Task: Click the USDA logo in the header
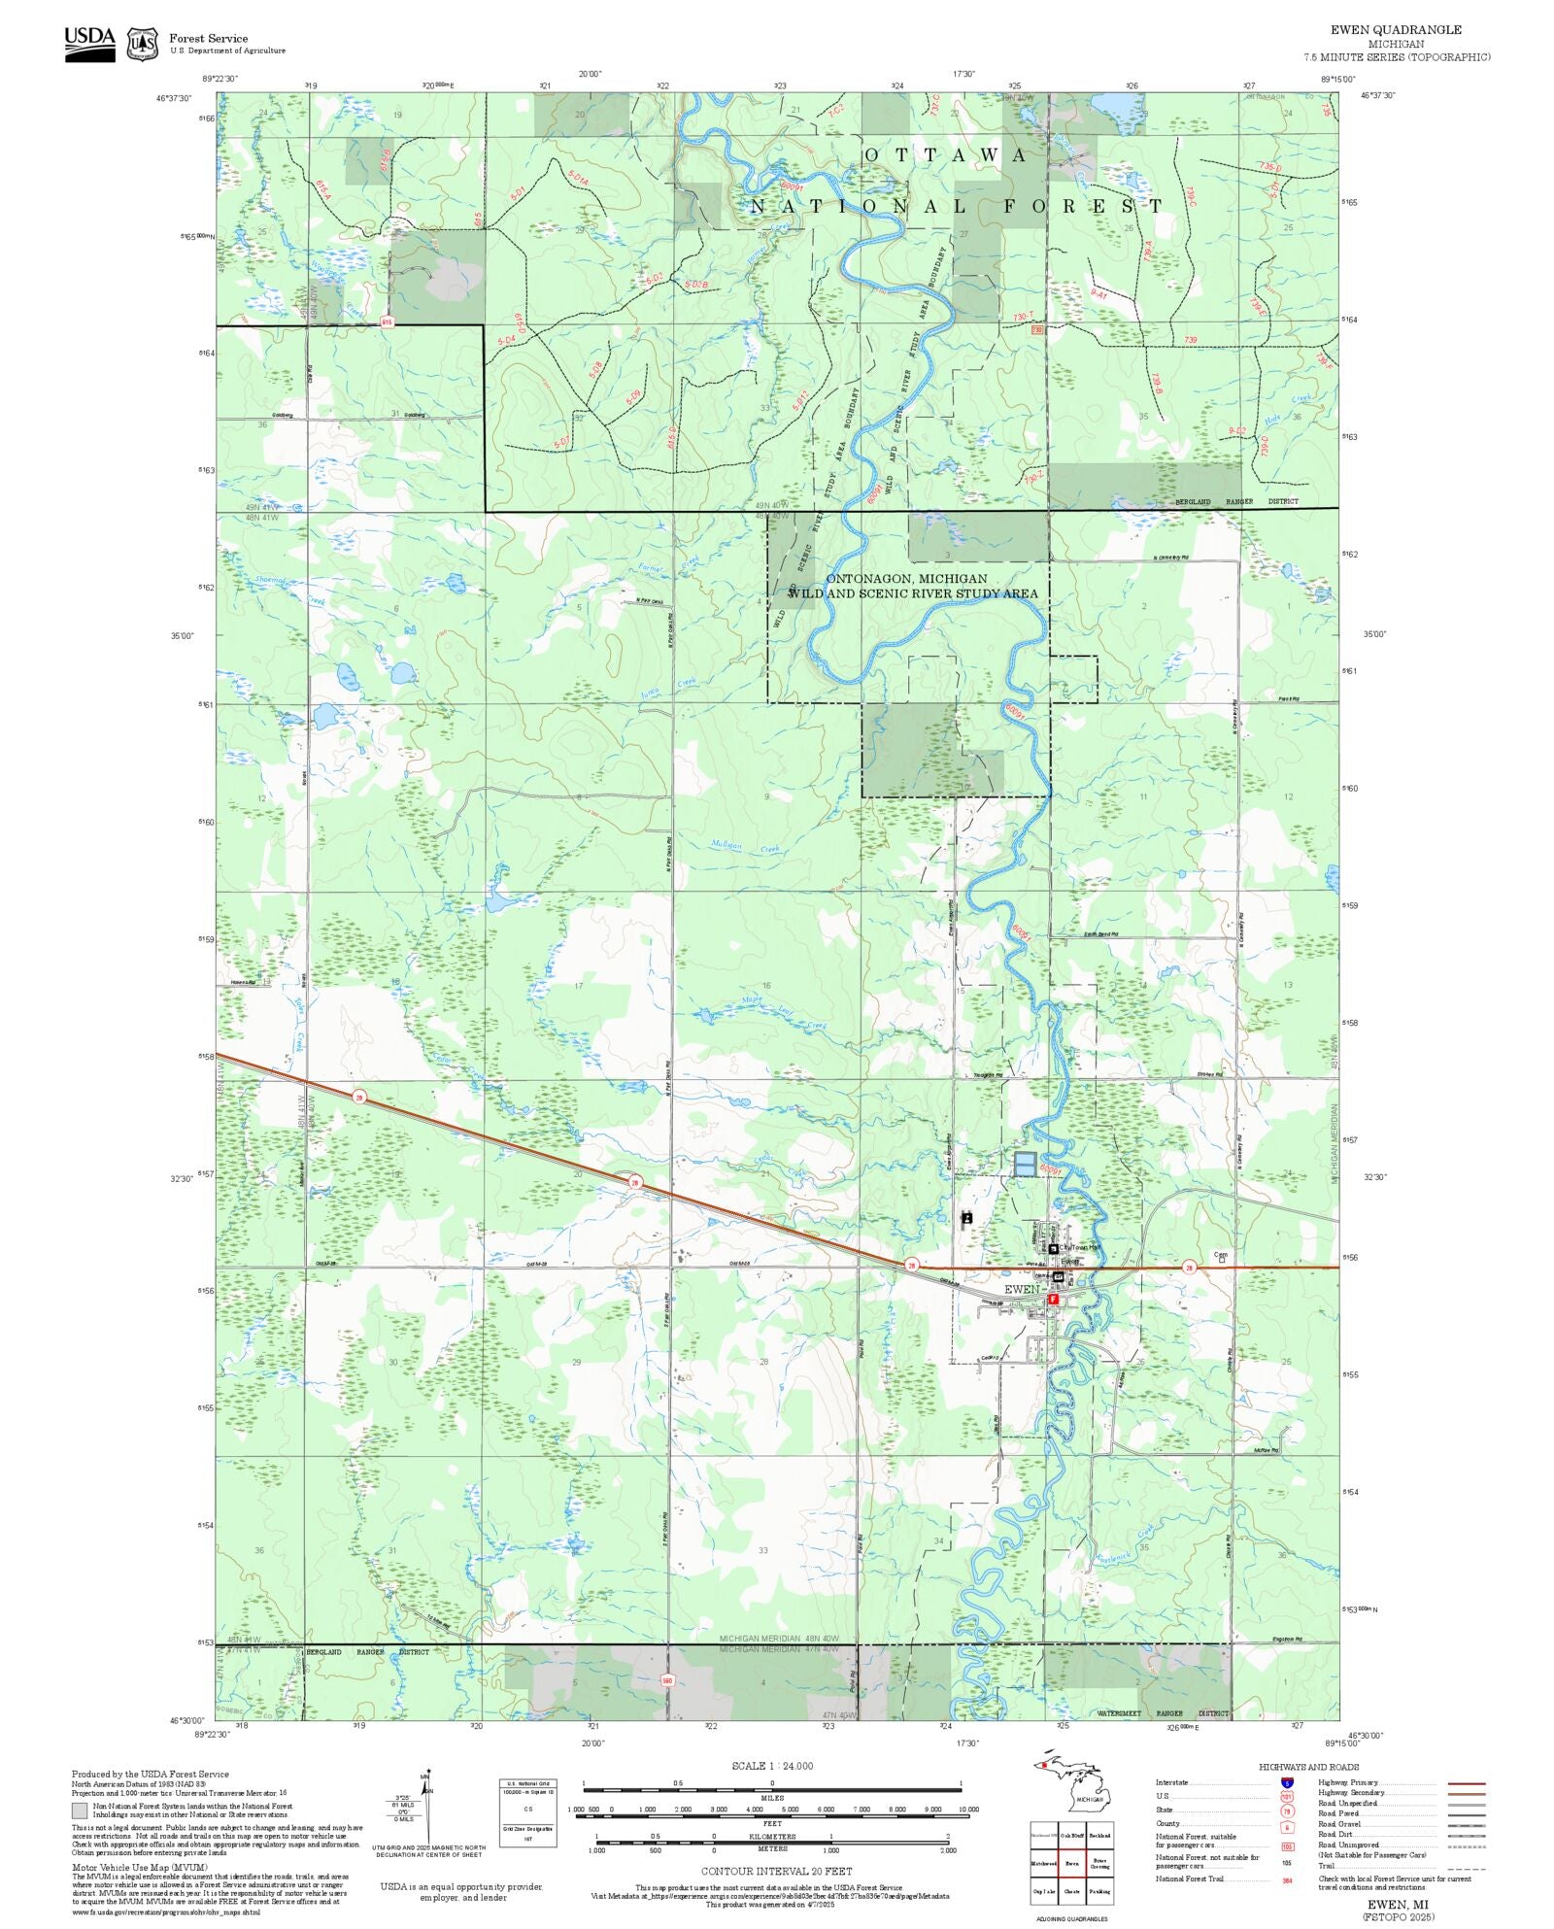click(89, 45)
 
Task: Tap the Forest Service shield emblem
click(143, 44)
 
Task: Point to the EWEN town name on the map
click(1021, 1289)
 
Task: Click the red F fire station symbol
click(1053, 1299)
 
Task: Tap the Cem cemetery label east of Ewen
click(1221, 1255)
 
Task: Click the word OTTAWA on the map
click(945, 155)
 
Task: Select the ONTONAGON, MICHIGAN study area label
click(893, 579)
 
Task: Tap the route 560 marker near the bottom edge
click(667, 1680)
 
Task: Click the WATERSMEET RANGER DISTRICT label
click(1163, 1713)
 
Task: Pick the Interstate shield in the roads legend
click(1287, 1783)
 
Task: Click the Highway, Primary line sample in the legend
click(1466, 1783)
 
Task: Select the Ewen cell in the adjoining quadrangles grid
click(1071, 1863)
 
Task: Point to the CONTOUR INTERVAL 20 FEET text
click(776, 1871)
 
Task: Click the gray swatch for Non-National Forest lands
click(80, 1811)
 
